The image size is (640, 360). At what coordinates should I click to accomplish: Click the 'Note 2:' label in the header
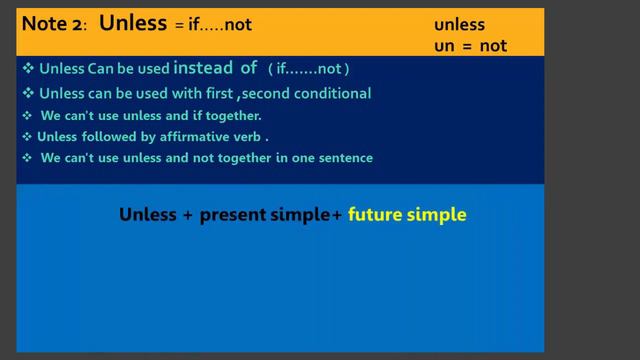point(56,25)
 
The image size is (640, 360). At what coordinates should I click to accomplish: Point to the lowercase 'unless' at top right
point(458,24)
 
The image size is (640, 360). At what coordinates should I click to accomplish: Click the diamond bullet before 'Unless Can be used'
point(28,69)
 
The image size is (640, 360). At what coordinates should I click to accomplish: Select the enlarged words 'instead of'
point(217,68)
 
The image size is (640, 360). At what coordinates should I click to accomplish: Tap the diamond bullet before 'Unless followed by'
point(27,137)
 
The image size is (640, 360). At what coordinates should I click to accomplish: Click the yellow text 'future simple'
point(407,214)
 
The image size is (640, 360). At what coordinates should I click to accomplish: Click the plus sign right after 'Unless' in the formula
point(187,215)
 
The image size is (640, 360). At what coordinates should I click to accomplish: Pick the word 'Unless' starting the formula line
point(146,214)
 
